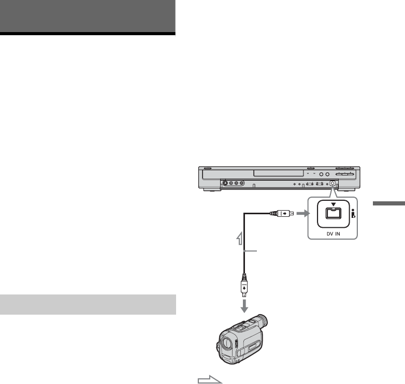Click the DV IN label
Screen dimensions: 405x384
pos(329,234)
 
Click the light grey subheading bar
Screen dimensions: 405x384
pos(89,304)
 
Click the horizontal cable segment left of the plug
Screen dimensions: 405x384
pos(256,212)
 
